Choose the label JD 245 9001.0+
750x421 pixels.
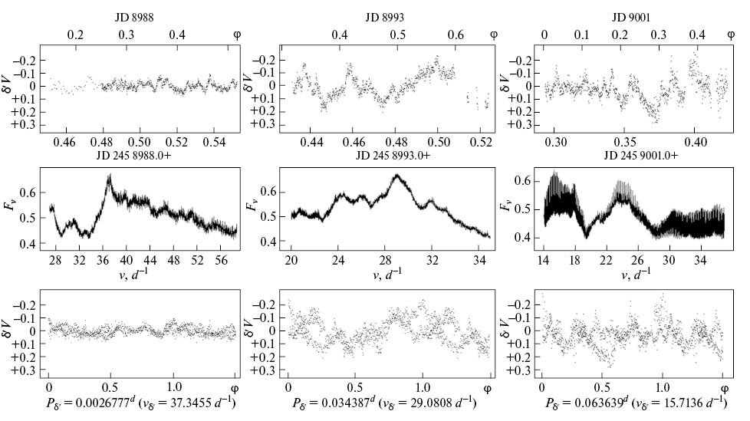coord(643,156)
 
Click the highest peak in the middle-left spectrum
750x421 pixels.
coord(109,176)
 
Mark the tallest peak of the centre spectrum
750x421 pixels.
coord(396,175)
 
